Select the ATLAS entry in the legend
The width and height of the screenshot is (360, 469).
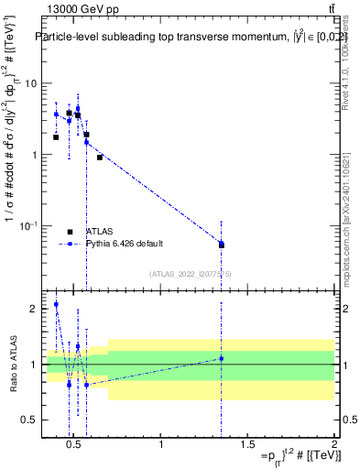click(101, 232)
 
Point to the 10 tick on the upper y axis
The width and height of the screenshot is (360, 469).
click(31, 83)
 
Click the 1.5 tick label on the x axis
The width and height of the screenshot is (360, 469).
click(247, 446)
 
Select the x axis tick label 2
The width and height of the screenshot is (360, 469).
click(334, 446)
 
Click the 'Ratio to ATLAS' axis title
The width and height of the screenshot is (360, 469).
click(13, 365)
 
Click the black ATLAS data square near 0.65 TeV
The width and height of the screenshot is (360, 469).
click(100, 157)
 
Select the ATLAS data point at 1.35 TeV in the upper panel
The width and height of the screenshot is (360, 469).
click(222, 245)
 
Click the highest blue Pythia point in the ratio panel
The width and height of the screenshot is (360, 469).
click(56, 304)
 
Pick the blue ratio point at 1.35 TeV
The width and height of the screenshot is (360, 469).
click(222, 358)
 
